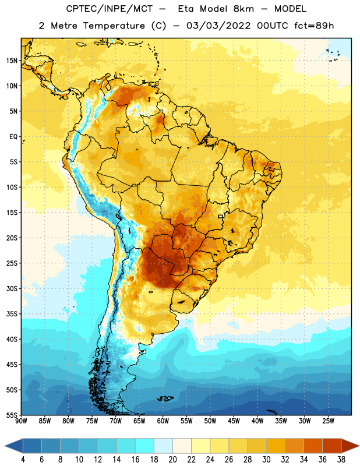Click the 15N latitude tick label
(x=12, y=61)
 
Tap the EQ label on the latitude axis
(x=13, y=137)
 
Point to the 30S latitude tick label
(x=12, y=288)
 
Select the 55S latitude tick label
(x=12, y=415)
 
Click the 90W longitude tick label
(x=21, y=421)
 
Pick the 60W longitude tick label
(x=163, y=421)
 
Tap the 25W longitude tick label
(x=328, y=421)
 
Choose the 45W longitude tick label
(x=234, y=421)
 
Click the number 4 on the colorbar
(x=23, y=460)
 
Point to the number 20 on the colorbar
(x=172, y=460)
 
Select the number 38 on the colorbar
(x=341, y=460)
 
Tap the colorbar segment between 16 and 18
(x=145, y=446)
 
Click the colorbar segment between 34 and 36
(x=313, y=446)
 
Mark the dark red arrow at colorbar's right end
(x=349, y=446)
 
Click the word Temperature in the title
(x=114, y=26)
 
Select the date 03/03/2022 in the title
(x=219, y=26)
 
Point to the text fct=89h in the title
(x=314, y=26)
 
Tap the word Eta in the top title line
(x=186, y=9)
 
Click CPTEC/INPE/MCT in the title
(x=110, y=9)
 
